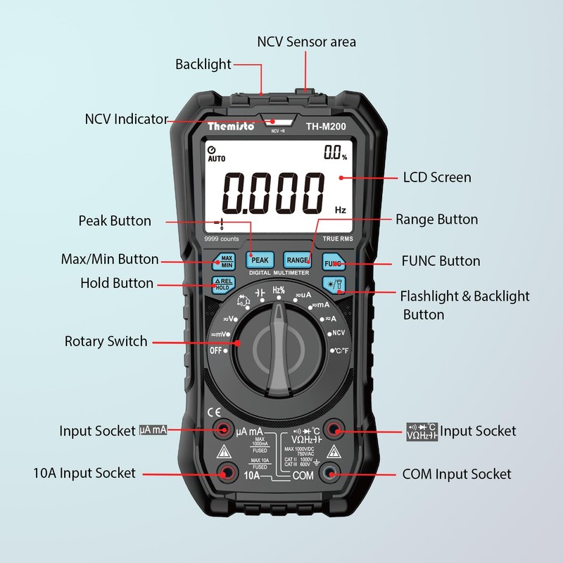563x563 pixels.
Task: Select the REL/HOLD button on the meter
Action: pos(222,284)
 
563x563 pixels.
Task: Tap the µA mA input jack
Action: pos(224,429)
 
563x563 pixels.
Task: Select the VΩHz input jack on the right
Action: pos(334,429)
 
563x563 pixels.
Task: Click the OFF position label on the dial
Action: pos(215,350)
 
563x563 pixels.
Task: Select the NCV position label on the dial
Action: pos(338,333)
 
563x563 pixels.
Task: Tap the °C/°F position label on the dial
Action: pos(341,350)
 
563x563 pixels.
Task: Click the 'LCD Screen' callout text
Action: pos(436,177)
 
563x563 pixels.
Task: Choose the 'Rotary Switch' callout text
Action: pos(106,341)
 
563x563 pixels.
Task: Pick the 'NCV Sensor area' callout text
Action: pos(306,42)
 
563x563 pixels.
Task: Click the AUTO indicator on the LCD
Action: pos(216,159)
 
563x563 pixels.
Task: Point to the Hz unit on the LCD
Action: pos(340,210)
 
